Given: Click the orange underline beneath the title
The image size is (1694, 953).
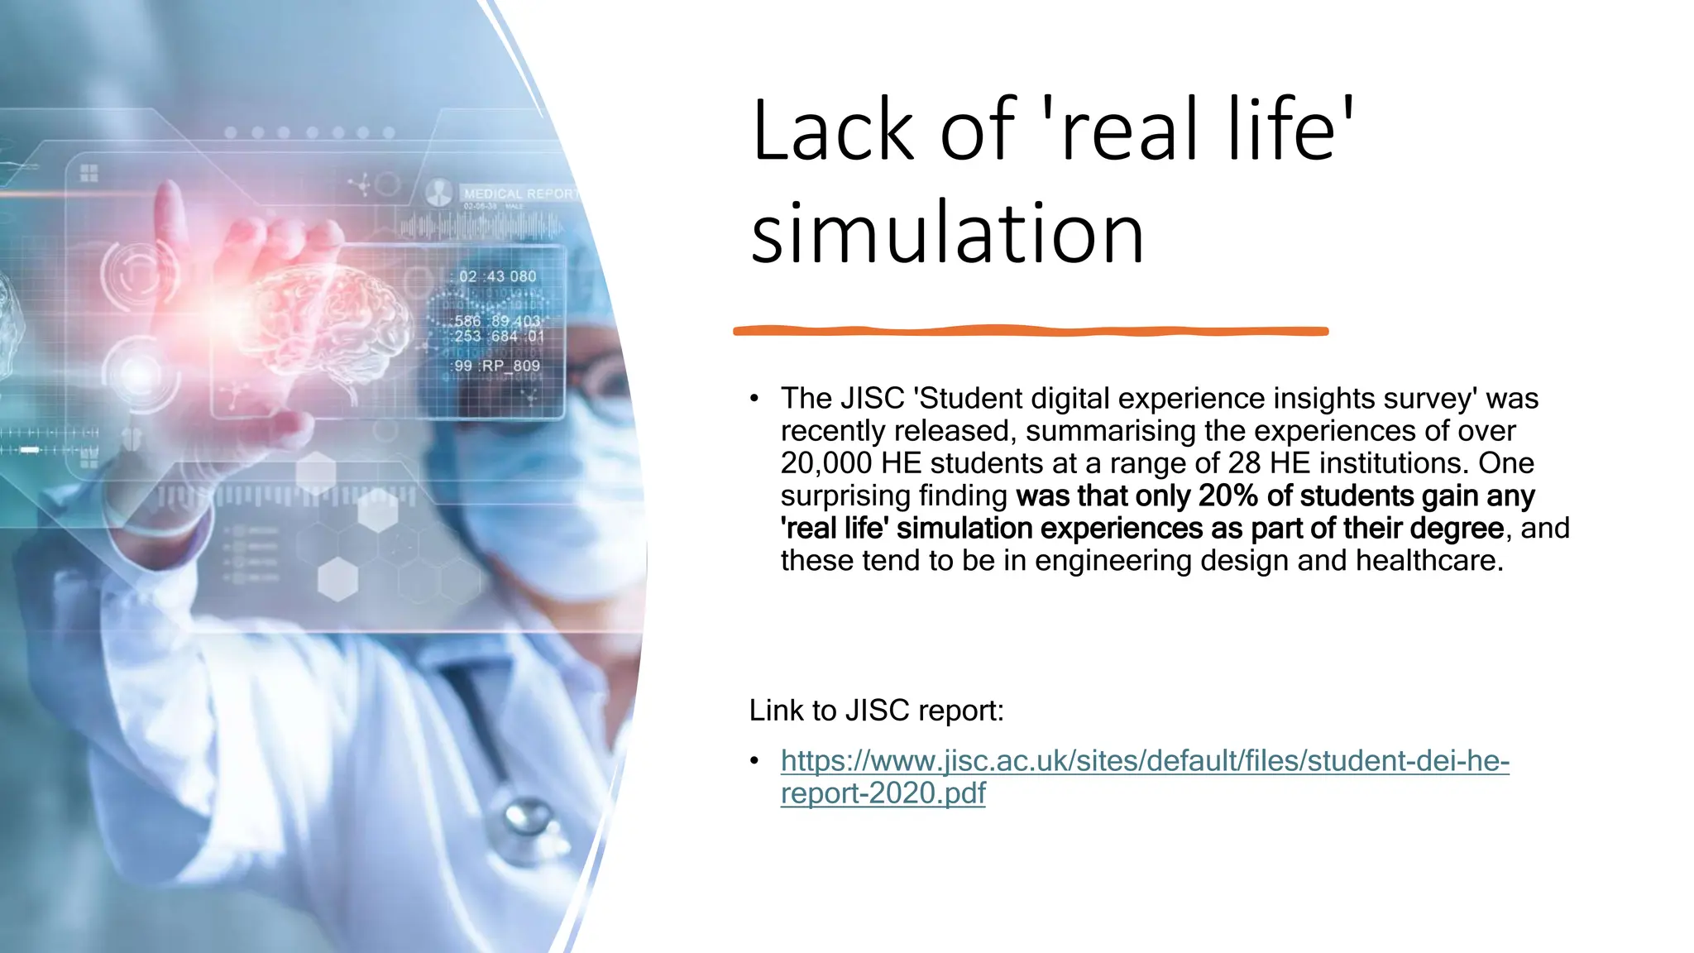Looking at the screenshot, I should (1030, 331).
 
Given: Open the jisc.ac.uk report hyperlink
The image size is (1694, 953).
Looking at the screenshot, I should (1145, 761).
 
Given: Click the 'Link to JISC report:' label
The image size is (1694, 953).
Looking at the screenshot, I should (876, 711).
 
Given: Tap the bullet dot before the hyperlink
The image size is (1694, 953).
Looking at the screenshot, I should (754, 761).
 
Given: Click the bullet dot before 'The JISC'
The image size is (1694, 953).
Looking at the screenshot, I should (754, 399).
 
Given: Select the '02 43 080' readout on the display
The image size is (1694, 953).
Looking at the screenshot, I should (498, 276).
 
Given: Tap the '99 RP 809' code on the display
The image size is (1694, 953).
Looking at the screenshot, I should (497, 366).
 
